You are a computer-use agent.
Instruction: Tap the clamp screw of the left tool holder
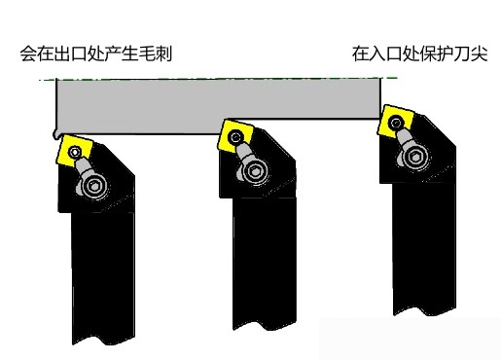coord(93,185)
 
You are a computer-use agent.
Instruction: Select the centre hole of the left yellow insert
coord(75,150)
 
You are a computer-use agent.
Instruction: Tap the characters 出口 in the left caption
coord(69,54)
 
